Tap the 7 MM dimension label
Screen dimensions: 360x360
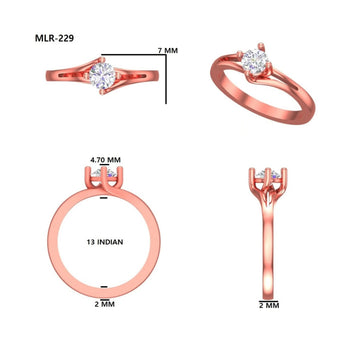point(168,49)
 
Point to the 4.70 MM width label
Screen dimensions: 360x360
point(105,159)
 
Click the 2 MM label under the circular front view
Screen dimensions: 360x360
point(106,302)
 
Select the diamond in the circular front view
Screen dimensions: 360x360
point(105,178)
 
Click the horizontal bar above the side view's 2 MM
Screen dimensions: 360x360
point(268,295)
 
